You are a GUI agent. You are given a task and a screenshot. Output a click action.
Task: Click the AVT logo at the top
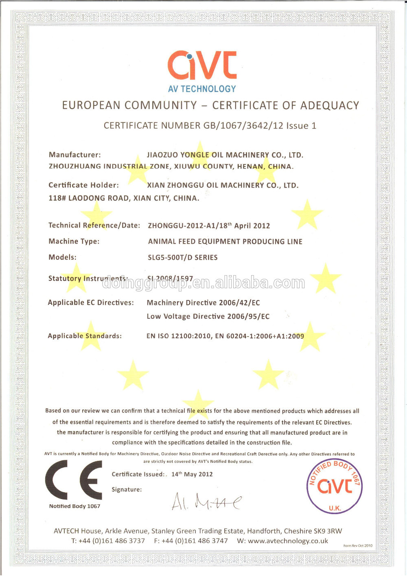click(202, 65)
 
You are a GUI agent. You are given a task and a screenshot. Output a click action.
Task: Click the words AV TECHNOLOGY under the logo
click(202, 89)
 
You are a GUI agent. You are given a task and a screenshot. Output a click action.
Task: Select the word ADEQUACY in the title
click(329, 106)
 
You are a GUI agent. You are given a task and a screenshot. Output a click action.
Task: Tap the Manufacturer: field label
click(74, 155)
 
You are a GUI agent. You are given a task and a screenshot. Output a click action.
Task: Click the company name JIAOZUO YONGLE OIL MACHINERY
click(225, 155)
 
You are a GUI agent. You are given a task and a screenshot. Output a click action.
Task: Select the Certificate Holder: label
click(83, 185)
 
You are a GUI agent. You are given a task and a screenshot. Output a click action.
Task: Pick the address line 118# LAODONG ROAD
click(124, 198)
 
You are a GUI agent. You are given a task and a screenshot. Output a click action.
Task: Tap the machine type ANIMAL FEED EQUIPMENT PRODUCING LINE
click(225, 242)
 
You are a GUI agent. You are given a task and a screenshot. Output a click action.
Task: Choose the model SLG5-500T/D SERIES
click(182, 258)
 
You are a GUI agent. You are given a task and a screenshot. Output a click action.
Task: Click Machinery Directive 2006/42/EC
click(203, 303)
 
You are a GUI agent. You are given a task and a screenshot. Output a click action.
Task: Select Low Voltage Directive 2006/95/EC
click(208, 317)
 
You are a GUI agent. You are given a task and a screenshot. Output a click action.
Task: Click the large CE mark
click(74, 480)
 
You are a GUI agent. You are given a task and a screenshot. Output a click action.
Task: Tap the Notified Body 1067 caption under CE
click(74, 506)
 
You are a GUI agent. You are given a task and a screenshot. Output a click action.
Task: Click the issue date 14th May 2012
click(192, 474)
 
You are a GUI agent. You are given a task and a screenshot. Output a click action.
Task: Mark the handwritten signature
click(206, 502)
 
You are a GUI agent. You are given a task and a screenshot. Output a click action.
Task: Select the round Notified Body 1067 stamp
click(334, 486)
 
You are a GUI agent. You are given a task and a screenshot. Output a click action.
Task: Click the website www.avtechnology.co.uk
click(288, 541)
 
